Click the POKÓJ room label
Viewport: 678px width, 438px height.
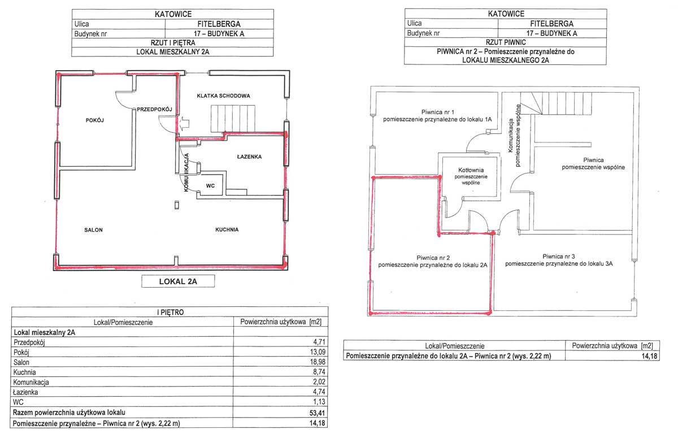(95, 120)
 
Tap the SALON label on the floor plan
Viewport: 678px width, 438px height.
(94, 230)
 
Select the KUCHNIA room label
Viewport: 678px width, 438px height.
(227, 229)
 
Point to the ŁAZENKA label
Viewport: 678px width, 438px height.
(249, 157)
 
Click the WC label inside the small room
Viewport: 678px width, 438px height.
(210, 185)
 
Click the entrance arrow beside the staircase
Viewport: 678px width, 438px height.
(184, 124)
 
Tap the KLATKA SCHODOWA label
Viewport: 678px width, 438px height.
(223, 96)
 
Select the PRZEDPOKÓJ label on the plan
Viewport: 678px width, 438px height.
(154, 109)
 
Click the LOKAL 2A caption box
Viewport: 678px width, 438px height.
(178, 281)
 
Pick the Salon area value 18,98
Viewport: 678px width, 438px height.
(318, 362)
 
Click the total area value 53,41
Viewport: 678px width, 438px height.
(317, 413)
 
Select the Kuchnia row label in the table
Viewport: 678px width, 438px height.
(24, 372)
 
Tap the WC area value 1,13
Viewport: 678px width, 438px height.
(319, 402)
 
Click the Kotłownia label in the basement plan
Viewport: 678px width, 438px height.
(471, 170)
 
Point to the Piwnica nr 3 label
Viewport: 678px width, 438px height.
(559, 257)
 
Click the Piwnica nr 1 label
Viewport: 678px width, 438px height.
(438, 112)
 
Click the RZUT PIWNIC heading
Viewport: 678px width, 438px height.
(506, 42)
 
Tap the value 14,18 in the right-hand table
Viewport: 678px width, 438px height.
(650, 355)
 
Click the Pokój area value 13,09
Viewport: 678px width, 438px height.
(318, 352)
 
